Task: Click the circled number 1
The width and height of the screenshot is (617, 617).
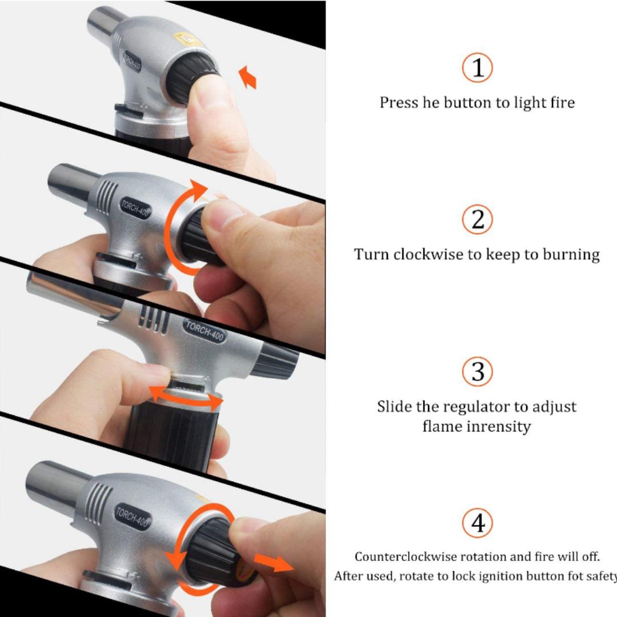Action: tap(477, 67)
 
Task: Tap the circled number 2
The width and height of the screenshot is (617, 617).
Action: tap(477, 219)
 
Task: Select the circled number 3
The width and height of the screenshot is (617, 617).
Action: tap(477, 371)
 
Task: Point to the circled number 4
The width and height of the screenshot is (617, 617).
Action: tap(477, 523)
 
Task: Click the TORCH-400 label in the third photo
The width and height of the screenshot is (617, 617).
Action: tap(204, 331)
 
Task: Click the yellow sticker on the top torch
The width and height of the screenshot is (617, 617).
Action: tap(188, 40)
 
